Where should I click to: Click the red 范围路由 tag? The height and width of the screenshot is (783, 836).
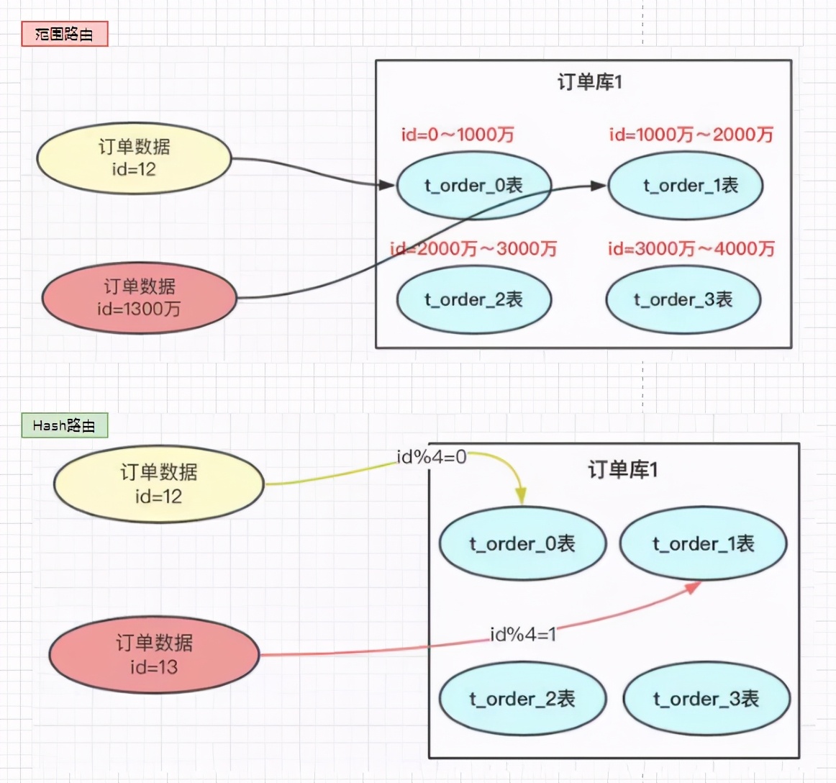(65, 34)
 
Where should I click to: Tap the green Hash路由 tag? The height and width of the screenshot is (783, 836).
(64, 425)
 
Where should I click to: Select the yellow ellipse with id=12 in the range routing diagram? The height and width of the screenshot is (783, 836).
(135, 158)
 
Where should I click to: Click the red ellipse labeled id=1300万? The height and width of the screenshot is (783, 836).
(140, 298)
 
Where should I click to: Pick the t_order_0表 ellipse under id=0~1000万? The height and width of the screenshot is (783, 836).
(473, 186)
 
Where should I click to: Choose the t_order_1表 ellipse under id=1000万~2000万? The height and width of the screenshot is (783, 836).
(686, 186)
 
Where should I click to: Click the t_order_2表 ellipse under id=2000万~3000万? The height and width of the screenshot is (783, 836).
(473, 299)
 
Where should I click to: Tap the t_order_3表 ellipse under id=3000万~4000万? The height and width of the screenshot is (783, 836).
(683, 299)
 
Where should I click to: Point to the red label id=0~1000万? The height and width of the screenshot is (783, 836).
(458, 135)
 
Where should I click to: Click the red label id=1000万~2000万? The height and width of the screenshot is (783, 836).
(691, 135)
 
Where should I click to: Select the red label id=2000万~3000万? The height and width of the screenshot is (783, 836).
(473, 249)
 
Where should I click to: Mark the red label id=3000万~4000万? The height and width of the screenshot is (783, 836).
(691, 249)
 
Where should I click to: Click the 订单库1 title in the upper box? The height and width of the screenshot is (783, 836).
(589, 82)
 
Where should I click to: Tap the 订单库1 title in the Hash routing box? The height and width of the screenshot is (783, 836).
(623, 470)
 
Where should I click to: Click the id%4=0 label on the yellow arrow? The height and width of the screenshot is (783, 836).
(432, 457)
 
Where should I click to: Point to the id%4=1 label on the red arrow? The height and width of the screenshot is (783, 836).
(523, 634)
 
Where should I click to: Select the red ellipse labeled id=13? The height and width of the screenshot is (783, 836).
(154, 655)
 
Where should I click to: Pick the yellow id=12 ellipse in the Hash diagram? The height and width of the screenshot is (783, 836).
(159, 484)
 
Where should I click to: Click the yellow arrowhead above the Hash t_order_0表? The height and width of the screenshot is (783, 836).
(521, 496)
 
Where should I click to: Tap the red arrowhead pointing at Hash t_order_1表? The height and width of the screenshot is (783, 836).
(693, 587)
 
